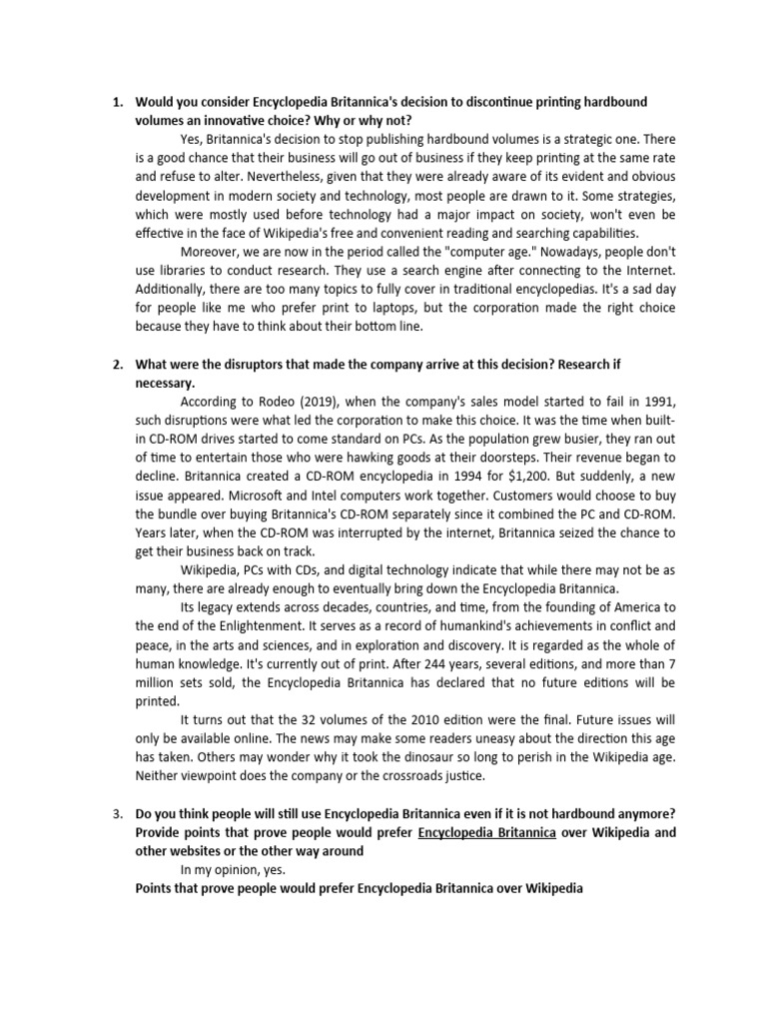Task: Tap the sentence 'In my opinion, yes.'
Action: (x=233, y=869)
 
